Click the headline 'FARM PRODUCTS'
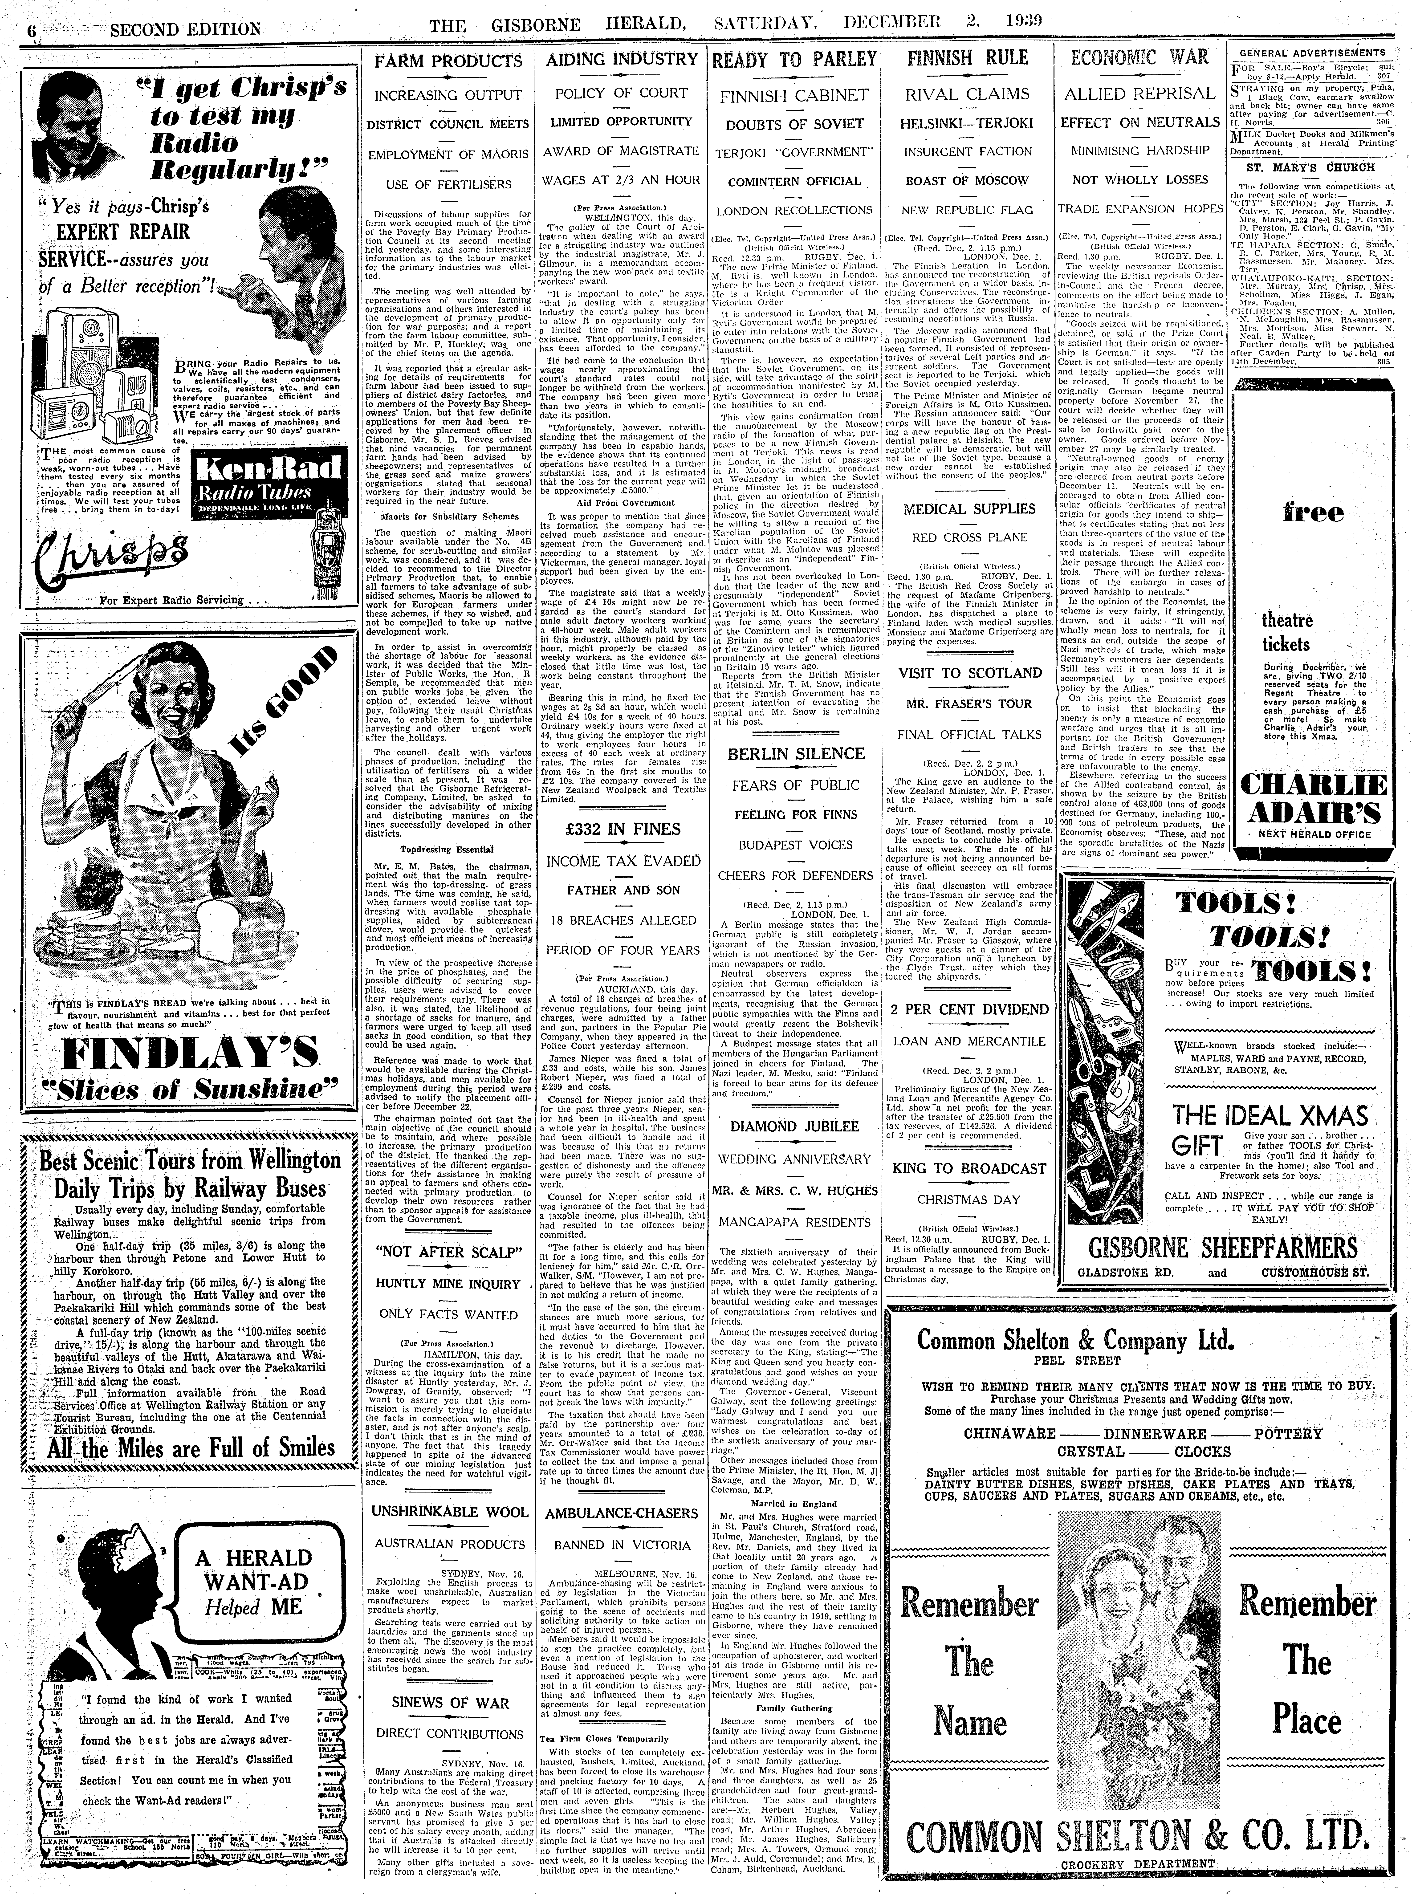point(449,61)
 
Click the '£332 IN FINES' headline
point(621,829)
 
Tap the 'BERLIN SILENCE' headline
point(796,754)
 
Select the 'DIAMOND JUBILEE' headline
point(794,1126)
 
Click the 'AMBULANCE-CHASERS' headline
point(621,1513)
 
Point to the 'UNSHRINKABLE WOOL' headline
point(449,1511)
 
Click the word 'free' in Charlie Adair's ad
point(1301,514)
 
